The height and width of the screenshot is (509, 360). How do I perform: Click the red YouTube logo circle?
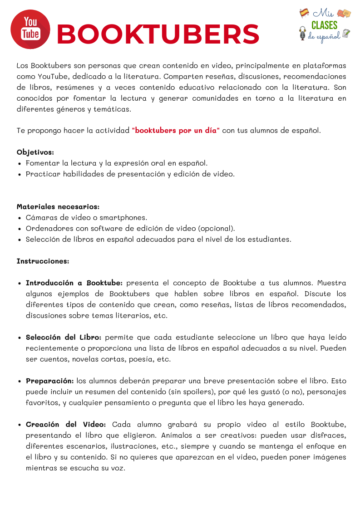[x=30, y=29]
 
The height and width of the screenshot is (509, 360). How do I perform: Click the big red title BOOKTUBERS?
[x=158, y=34]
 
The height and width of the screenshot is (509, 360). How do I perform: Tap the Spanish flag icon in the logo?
[x=304, y=13]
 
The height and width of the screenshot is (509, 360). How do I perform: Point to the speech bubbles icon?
[x=344, y=13]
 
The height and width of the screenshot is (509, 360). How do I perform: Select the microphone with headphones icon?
[x=303, y=33]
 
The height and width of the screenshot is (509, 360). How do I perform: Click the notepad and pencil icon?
[x=346, y=34]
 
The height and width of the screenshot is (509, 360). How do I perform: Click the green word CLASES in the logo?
[x=324, y=25]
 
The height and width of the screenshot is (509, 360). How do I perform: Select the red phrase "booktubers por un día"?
[x=176, y=131]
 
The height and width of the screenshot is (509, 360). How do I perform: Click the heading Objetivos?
[x=35, y=152]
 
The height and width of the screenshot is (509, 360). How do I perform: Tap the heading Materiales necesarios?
[x=58, y=206]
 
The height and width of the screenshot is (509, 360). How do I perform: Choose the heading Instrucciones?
[x=43, y=261]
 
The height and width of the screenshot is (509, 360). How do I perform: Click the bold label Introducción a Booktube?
[x=74, y=283]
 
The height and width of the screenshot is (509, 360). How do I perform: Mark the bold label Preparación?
[x=49, y=381]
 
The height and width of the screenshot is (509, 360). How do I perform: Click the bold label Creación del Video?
[x=66, y=424]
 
